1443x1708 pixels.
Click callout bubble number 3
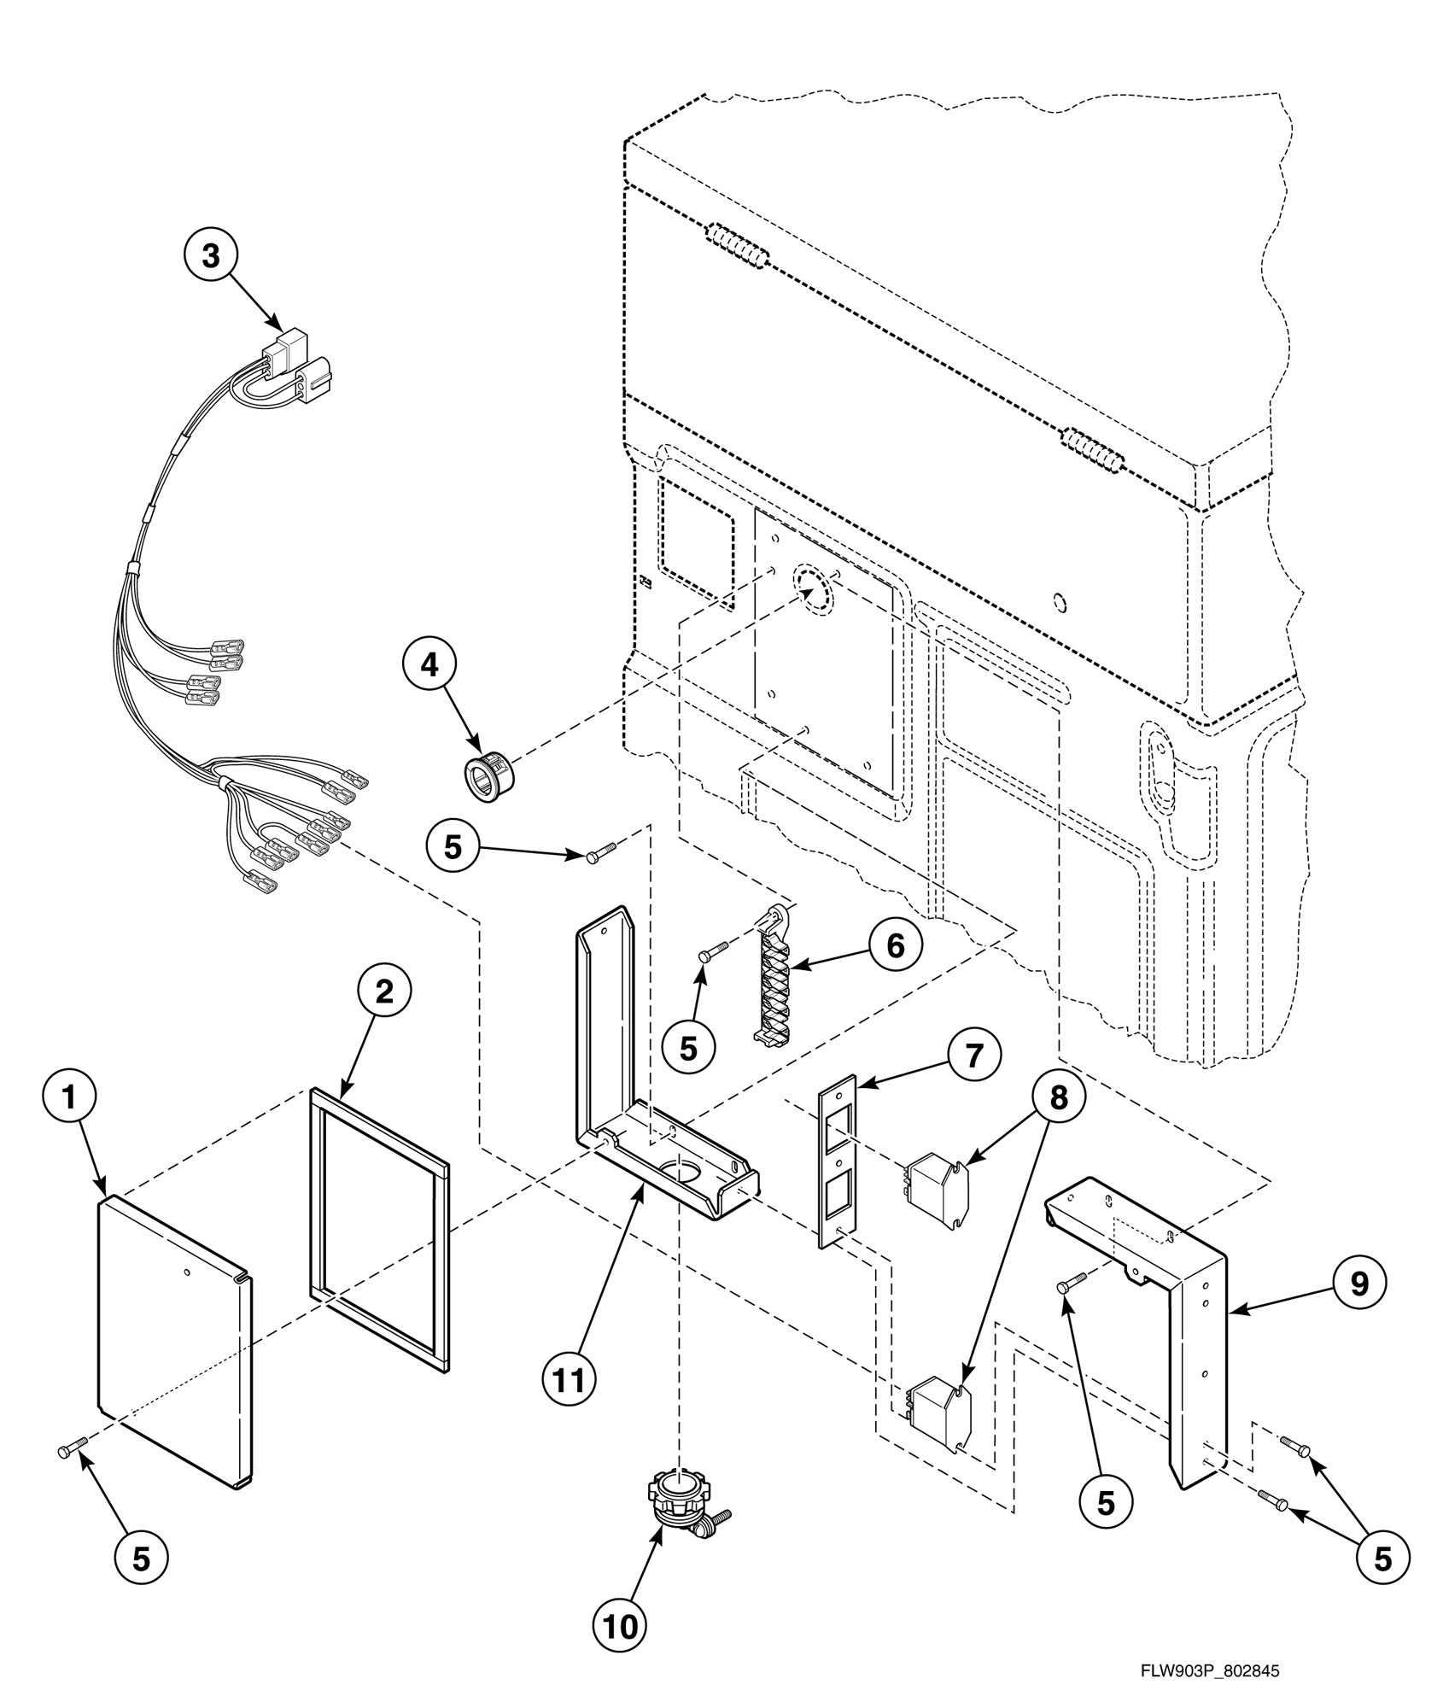tap(210, 255)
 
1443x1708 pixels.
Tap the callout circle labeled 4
tap(429, 664)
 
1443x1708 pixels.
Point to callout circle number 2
tap(384, 991)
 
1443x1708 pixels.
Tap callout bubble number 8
tap(1059, 1097)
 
